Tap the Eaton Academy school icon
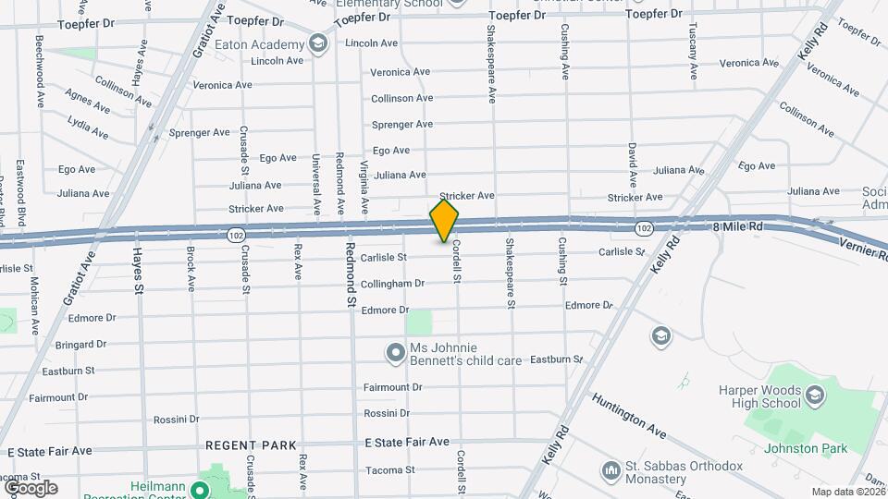318,44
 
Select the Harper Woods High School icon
814,397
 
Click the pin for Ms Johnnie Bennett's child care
396,353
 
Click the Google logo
30,487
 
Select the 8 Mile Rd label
737,226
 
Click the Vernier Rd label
862,247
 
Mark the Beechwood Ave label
40,72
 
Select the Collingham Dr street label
392,284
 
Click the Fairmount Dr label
392,387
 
